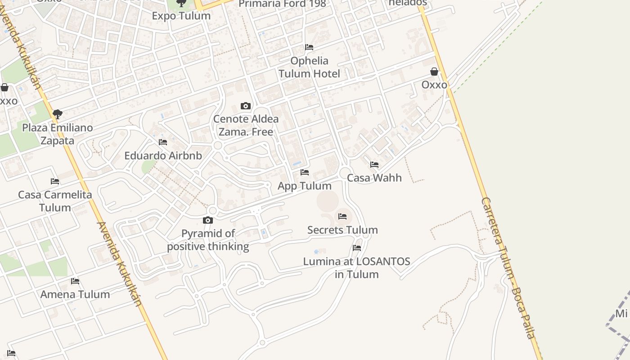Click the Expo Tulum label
181,16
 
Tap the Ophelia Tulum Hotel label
309,67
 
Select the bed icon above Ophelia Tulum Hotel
309,47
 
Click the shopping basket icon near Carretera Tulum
434,72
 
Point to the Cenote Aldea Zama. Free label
246,126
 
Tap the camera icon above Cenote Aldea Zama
246,106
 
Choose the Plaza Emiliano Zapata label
58,134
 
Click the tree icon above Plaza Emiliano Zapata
57,114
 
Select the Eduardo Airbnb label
163,156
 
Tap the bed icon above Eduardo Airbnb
163,142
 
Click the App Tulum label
305,186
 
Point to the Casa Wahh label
374,178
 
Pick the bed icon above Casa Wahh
374,165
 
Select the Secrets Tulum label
342,230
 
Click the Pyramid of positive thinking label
208,240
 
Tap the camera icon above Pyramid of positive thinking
208,220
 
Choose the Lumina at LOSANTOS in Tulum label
357,268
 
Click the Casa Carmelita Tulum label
55,201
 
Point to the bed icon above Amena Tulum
75,282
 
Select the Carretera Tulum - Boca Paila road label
509,268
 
